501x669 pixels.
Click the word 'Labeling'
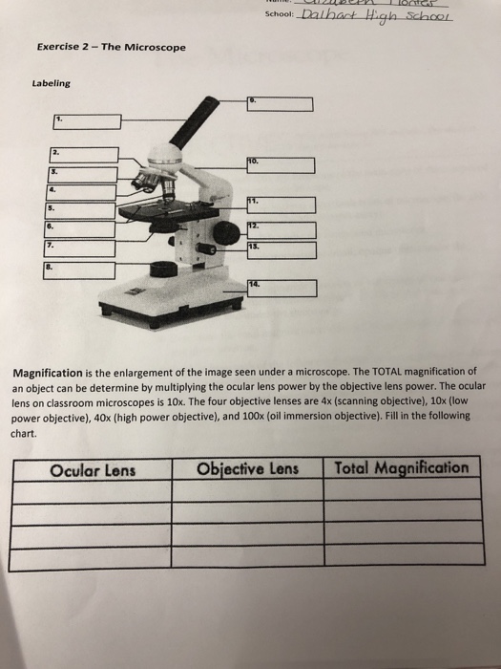point(51,83)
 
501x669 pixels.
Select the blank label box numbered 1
point(87,121)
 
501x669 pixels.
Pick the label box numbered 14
point(284,288)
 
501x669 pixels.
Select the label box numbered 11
point(281,205)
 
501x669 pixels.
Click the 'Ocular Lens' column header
point(93,469)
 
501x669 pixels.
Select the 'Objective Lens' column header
point(247,468)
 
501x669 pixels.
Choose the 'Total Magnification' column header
point(402,467)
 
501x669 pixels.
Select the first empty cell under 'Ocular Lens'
point(93,491)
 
